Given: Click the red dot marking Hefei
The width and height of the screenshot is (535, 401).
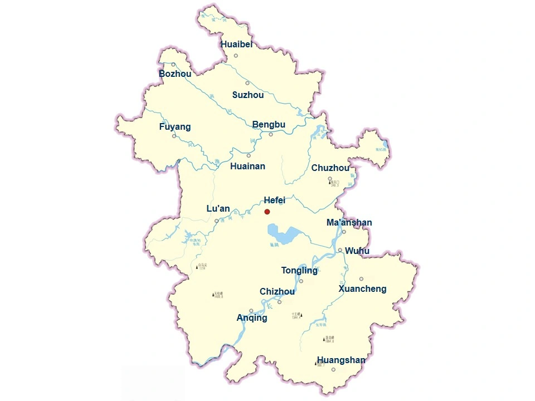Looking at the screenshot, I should coord(267,212).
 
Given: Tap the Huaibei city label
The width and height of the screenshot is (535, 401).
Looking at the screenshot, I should coord(236,45).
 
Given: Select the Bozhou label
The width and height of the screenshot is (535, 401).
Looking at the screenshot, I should coord(175,74).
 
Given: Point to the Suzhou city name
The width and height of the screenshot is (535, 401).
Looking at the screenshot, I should coord(248,95).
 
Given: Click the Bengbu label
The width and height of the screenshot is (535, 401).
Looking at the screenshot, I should coord(269,125).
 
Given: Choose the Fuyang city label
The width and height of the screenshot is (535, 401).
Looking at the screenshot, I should coord(175,127).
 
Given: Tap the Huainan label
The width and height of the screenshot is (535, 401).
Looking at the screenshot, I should coord(247,166).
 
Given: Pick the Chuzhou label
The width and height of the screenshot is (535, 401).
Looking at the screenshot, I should coord(330,168).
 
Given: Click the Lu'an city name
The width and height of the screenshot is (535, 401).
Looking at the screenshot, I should coord(218,209).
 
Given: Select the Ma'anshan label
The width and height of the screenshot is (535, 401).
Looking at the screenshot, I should coord(349,223).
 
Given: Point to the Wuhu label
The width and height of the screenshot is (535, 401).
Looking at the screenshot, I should coord(357,251).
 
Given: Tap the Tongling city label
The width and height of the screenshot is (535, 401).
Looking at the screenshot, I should coord(299,271).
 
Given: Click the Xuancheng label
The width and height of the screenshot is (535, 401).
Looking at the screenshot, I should coord(362,289).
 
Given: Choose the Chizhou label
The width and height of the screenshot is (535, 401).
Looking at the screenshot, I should coord(277,292).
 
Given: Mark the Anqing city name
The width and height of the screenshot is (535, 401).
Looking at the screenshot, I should coord(252,318).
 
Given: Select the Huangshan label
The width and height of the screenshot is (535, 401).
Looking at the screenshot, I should coord(341,360).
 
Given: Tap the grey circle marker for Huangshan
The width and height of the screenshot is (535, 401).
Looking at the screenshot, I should coord(333,369).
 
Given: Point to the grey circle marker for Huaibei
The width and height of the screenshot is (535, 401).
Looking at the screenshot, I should coord(236,55).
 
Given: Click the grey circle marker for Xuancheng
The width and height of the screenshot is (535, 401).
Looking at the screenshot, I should coord(361,279).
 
